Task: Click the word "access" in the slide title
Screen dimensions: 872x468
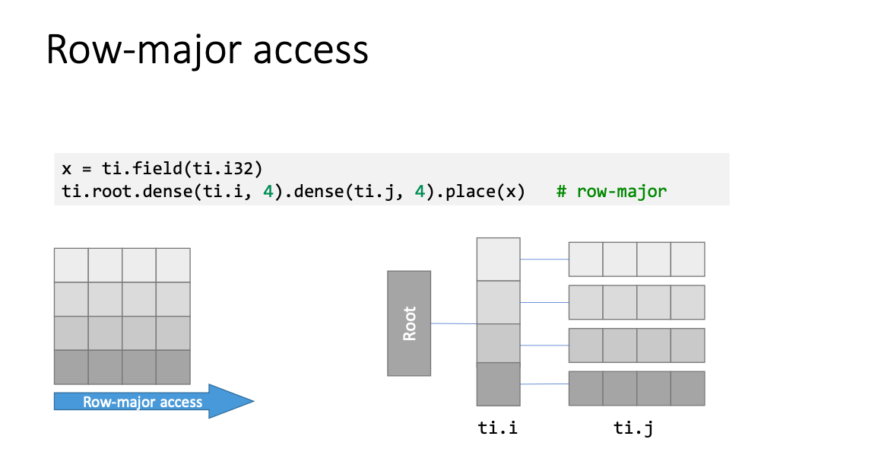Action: pos(310,50)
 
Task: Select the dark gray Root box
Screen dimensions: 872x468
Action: pos(409,323)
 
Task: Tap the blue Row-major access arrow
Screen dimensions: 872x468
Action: pos(154,401)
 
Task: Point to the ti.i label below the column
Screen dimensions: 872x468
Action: pos(498,428)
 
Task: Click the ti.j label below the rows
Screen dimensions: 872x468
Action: pos(633,428)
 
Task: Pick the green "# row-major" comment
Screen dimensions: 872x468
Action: pos(611,192)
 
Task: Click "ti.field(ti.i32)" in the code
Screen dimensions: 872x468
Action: pos(182,168)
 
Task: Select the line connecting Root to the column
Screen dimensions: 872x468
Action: pos(454,323)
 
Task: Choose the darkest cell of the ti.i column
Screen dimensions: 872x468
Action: pos(498,384)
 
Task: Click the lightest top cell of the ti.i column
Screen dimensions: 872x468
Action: pos(498,259)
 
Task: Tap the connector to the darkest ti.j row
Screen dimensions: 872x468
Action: pos(544,384)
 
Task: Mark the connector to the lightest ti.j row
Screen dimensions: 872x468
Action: pos(544,259)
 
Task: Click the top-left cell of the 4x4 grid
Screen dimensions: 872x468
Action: pos(71,266)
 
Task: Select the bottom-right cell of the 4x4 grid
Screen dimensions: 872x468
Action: pos(173,368)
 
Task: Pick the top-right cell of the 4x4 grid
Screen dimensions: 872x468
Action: pos(173,266)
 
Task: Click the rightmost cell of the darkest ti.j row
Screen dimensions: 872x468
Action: pos(688,388)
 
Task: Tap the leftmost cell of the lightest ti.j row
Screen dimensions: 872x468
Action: pos(586,259)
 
